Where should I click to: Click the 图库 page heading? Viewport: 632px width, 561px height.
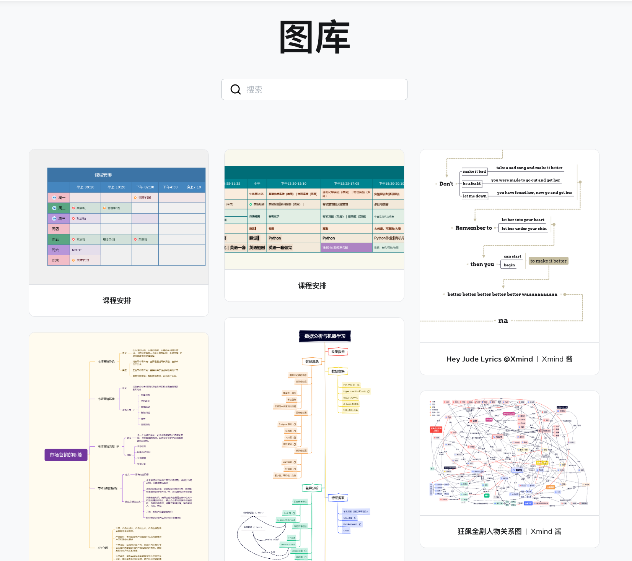coord(315,37)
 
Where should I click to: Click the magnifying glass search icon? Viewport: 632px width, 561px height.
coord(236,89)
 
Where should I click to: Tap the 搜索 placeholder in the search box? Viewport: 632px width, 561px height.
coord(254,90)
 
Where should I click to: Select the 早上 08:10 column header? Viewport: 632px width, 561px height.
coord(85,187)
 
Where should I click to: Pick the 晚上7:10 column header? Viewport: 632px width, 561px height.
coord(194,187)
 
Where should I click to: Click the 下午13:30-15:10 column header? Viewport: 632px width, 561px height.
coord(293,184)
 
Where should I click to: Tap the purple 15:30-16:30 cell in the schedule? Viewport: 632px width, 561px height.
coord(346,248)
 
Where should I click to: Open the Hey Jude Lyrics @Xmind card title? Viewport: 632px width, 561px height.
coord(489,359)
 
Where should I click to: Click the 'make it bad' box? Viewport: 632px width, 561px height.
coord(474,172)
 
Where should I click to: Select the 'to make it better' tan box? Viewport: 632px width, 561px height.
coord(548,261)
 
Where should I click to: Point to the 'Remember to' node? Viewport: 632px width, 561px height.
coord(474,228)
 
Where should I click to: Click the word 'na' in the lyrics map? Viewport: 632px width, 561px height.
coord(503,321)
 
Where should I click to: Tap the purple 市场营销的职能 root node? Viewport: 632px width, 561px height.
coord(66,455)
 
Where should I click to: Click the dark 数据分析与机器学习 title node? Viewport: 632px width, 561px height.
coord(325,336)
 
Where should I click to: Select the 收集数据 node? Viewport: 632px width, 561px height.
coord(338,352)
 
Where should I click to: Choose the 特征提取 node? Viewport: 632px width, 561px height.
coord(338,498)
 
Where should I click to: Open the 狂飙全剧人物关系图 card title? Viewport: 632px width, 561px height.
coord(489,532)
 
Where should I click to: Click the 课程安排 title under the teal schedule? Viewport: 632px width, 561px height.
coord(312,286)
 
